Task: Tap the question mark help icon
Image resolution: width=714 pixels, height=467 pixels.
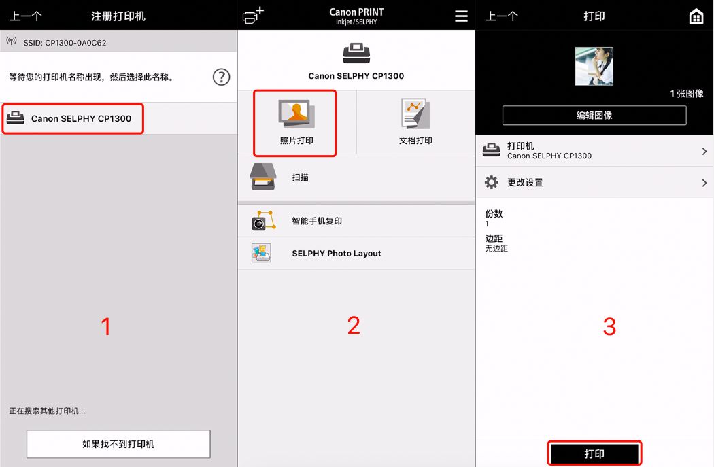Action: (x=221, y=77)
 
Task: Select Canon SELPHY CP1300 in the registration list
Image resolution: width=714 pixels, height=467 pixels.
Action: (x=81, y=118)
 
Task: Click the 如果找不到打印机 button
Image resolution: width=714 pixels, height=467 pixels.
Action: (x=118, y=444)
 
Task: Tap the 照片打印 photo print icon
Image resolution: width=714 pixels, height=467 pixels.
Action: (x=296, y=114)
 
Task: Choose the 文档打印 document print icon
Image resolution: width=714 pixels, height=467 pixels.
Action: (x=415, y=114)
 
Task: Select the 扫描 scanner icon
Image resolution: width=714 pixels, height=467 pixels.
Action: (x=263, y=177)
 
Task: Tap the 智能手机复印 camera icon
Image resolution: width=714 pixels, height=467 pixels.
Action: (x=264, y=221)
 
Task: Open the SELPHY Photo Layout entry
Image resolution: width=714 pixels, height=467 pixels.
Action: (x=336, y=253)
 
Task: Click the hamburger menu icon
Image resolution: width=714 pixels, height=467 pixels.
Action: (x=461, y=16)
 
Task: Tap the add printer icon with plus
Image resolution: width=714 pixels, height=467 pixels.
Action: (x=253, y=15)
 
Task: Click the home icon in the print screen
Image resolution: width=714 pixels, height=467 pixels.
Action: (x=696, y=16)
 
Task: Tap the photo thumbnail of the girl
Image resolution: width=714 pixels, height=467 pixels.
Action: (x=594, y=66)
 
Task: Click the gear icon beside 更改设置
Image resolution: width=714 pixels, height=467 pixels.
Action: (x=492, y=182)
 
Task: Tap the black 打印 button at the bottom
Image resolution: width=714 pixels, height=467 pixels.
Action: (x=594, y=453)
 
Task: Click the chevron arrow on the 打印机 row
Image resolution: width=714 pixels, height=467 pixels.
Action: (x=704, y=151)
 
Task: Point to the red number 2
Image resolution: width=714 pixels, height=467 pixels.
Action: (x=354, y=326)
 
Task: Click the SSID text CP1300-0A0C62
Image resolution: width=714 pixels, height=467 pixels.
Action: (x=75, y=43)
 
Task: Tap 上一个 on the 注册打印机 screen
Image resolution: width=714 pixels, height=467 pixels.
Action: (x=26, y=16)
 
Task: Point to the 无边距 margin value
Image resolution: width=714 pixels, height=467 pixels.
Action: (x=496, y=249)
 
